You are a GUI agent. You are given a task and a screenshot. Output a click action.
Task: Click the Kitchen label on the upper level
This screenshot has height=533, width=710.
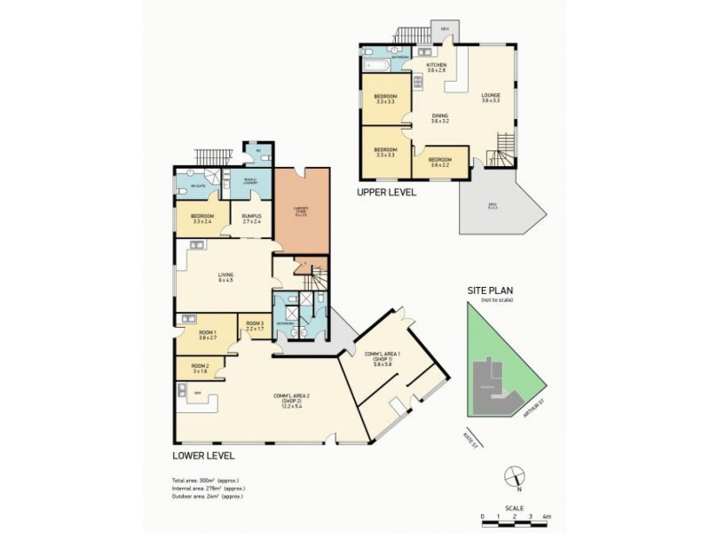(436, 68)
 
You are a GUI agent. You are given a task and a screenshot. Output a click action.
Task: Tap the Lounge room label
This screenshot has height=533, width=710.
(491, 98)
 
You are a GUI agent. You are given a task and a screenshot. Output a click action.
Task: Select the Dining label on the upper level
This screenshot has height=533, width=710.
(440, 118)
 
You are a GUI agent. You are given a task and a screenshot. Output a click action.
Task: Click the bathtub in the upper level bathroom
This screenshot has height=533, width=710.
(375, 66)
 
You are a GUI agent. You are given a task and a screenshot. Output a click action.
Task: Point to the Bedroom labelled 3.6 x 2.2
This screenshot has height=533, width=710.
(440, 163)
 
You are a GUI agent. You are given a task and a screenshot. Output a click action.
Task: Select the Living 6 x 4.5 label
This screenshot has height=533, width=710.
(226, 278)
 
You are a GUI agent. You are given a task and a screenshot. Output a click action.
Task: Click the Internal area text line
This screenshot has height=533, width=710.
(209, 489)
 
